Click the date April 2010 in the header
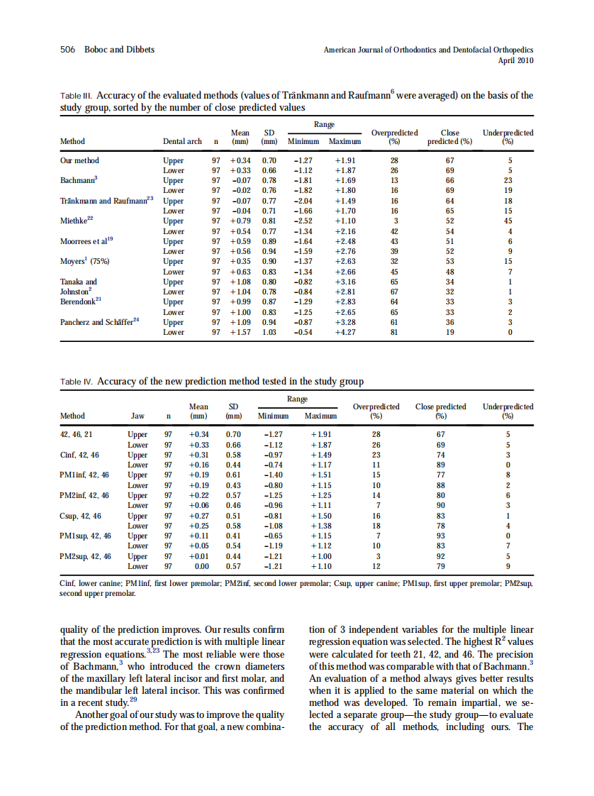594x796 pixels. (515, 61)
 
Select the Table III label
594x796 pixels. (76, 95)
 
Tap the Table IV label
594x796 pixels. (77, 382)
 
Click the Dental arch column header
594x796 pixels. (182, 142)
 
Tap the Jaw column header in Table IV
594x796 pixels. (137, 416)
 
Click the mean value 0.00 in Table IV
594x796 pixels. (201, 567)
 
